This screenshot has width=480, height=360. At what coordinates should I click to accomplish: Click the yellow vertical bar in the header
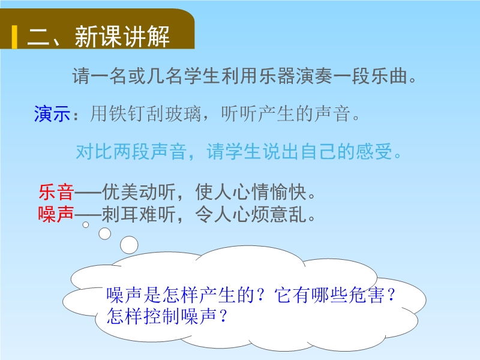point(14,37)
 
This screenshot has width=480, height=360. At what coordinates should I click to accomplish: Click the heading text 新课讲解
point(122,37)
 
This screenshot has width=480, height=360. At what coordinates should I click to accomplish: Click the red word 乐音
point(56,192)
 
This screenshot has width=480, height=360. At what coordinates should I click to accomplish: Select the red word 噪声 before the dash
point(56,214)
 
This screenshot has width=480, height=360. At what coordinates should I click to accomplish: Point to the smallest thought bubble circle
point(86,224)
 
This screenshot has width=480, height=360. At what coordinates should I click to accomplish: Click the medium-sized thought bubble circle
point(104,233)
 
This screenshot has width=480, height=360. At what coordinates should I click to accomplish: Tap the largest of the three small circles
point(129,245)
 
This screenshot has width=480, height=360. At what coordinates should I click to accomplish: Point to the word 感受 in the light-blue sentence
point(374,152)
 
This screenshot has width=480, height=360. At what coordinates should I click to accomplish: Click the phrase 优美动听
point(139,192)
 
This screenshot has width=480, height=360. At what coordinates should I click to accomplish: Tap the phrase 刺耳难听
point(139,214)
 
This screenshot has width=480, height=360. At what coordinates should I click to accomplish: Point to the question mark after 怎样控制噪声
point(223,316)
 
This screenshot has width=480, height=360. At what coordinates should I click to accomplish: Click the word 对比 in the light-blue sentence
point(94,152)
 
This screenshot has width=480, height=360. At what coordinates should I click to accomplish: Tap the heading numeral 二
point(38,37)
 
